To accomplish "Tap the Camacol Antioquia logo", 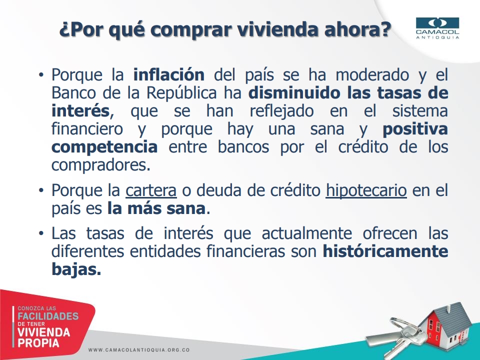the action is coord(437,28).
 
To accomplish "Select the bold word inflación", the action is coord(169,74).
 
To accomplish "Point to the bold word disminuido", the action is coord(295,93).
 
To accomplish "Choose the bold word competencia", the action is coord(104,147).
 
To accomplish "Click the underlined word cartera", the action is coord(151,190).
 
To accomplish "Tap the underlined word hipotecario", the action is coord(366,190).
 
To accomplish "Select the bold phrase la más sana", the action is coord(156,208).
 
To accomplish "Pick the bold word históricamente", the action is coord(385,251).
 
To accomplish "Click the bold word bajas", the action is coord(76,269).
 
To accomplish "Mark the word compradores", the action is coord(100,165).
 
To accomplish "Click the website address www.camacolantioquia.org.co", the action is coord(139,349).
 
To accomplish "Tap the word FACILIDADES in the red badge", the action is coord(48,316).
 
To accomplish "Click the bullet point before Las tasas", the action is coord(41,233).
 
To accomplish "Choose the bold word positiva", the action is coord(415,129).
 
